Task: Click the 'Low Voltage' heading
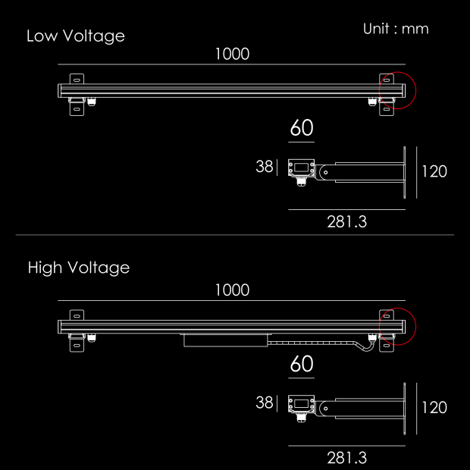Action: (x=76, y=36)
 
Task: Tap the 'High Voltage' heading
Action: (x=79, y=268)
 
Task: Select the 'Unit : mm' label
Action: (x=396, y=29)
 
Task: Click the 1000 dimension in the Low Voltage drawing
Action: (x=232, y=54)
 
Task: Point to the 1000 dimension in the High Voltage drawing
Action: (x=232, y=290)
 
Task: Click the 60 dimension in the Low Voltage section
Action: (x=302, y=127)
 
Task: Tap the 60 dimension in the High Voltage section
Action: (x=302, y=364)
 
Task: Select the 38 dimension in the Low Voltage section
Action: (x=265, y=166)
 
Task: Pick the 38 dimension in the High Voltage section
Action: (x=265, y=403)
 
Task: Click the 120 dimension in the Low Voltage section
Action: (x=434, y=171)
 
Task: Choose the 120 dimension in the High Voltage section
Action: (x=434, y=407)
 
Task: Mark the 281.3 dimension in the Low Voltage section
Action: (x=346, y=222)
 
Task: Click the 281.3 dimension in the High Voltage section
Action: (x=346, y=458)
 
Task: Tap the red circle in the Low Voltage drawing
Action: (x=397, y=90)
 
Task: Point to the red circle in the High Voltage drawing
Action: (x=397, y=327)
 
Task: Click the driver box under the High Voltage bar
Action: (x=226, y=340)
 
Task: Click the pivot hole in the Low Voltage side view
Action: (x=326, y=172)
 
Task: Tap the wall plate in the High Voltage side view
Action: (x=404, y=409)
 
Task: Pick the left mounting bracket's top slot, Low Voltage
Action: (x=77, y=80)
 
